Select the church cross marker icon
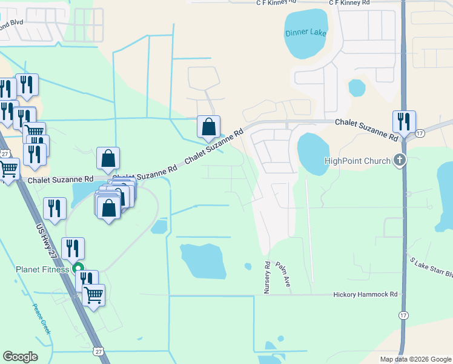pos(398,160)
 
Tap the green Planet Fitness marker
pos(78,268)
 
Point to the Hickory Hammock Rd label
pos(365,294)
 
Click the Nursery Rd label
pos(266,278)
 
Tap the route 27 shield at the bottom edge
pos(98,351)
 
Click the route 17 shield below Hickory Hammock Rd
pos(403,315)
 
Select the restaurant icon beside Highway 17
pos(403,123)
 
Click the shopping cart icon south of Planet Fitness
pos(93,295)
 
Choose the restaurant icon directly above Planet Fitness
pos(73,249)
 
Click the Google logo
pos(20,357)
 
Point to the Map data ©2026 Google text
pos(415,359)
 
